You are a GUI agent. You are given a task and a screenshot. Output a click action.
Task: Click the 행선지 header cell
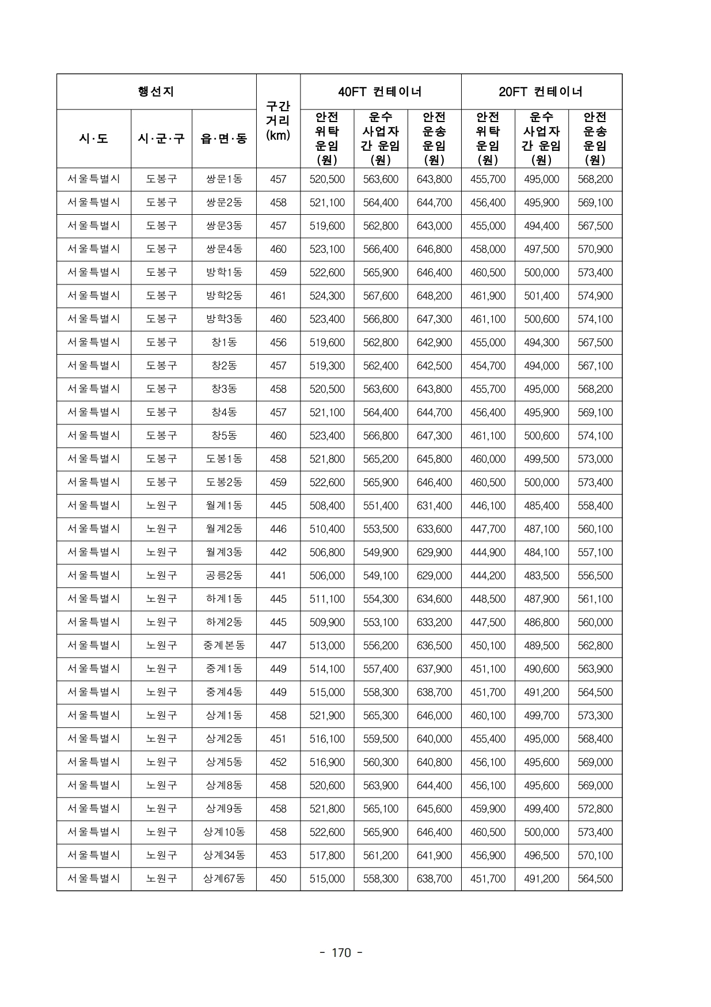click(156, 92)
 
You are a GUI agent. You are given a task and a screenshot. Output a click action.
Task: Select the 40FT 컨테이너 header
click(380, 92)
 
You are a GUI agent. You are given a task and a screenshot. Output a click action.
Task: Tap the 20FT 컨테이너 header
click(541, 92)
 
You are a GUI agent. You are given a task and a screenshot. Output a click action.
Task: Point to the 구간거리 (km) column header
click(278, 121)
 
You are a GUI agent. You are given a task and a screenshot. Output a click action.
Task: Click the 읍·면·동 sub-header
click(224, 139)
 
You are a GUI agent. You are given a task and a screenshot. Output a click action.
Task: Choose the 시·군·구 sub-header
click(161, 139)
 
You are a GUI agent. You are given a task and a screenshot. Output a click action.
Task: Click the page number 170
click(341, 953)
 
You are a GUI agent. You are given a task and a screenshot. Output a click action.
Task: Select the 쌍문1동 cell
click(224, 179)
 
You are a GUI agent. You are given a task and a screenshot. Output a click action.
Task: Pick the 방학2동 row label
click(224, 296)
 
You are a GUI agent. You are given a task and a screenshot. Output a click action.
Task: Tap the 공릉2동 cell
click(224, 576)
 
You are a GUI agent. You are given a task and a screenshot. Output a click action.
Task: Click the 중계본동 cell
click(224, 645)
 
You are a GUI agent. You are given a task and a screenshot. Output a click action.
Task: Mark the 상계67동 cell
click(224, 879)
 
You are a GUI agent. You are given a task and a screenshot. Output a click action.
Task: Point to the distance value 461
click(278, 296)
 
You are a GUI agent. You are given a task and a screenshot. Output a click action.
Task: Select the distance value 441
click(278, 576)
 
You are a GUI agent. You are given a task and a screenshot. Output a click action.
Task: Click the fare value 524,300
click(327, 296)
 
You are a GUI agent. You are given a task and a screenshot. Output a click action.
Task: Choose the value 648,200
click(434, 296)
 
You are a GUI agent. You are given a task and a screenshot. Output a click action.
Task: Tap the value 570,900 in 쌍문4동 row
click(595, 249)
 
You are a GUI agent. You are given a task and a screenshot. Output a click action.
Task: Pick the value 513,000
click(327, 645)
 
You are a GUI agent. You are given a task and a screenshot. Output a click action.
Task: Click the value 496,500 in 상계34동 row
click(541, 856)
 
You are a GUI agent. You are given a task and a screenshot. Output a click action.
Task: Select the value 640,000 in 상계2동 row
click(434, 739)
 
